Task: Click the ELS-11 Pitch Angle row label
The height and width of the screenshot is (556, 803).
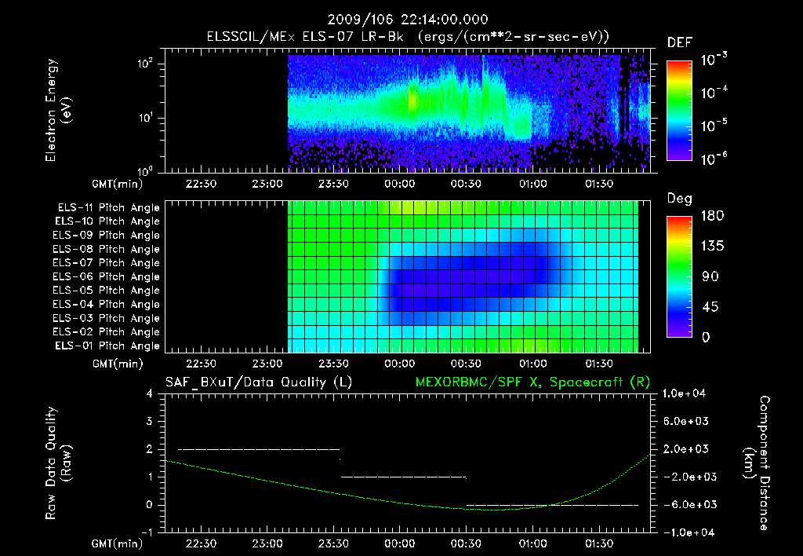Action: [108, 207]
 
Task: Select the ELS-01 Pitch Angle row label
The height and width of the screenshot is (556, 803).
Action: [108, 346]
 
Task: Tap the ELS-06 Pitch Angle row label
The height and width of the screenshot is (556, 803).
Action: [108, 276]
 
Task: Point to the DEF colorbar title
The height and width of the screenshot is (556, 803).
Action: [679, 42]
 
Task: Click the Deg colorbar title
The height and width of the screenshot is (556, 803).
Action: [679, 199]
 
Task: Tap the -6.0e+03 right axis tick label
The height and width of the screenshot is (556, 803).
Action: [686, 504]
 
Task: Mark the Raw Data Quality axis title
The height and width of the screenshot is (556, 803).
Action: [58, 463]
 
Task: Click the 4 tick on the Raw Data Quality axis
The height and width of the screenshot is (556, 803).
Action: [151, 393]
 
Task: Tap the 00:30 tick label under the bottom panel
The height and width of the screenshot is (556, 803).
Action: [466, 543]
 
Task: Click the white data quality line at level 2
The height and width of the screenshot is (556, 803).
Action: [259, 449]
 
